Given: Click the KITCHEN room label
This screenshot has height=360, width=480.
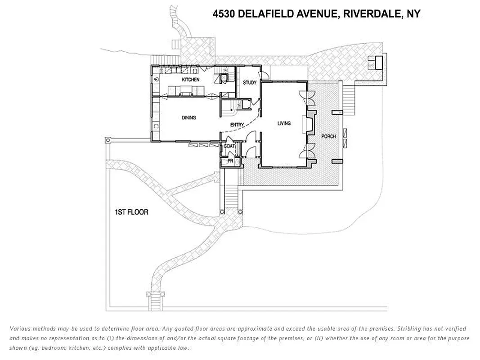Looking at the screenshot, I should point(190,80).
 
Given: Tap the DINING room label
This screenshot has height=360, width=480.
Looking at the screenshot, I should point(188,118).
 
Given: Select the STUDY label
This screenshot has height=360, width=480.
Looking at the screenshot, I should point(250,83).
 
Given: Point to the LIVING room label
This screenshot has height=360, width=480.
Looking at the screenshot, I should point(284,123).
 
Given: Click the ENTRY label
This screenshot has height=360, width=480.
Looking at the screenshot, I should point(237,125).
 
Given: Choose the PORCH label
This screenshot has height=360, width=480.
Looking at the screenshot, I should point(328,136).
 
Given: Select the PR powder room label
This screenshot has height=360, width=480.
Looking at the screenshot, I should point(230,160).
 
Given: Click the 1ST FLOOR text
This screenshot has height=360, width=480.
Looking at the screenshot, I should point(131,212).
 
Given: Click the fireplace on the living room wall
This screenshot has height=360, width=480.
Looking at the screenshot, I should point(308,122).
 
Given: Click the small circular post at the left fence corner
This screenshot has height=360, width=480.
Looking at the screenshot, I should point(108,140).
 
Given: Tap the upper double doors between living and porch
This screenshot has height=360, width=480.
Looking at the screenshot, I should point(310,95).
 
